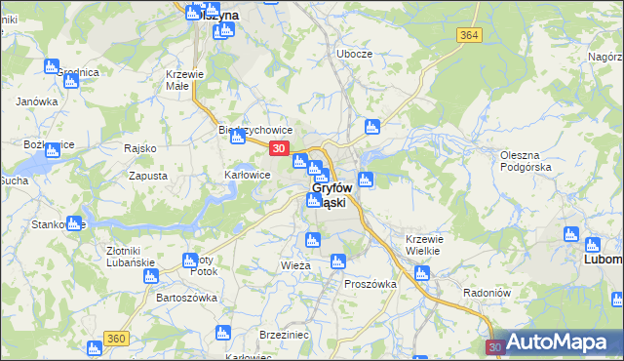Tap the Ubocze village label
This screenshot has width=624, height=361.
(355, 54)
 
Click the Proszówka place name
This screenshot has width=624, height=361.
(370, 284)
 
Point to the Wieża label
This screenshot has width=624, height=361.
(295, 265)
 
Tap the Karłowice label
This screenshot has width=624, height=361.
(247, 176)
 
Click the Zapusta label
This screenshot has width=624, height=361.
(148, 177)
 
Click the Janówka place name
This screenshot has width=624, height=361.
(37, 101)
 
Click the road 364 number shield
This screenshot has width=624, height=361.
(469, 35)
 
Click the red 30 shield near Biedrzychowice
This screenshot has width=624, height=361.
(279, 148)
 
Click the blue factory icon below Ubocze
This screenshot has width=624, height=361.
(370, 126)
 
